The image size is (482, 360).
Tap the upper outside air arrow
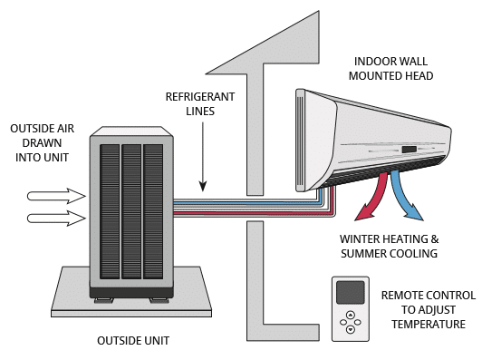[56, 196]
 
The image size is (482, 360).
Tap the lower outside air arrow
[56, 219]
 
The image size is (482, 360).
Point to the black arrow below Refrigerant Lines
[203, 157]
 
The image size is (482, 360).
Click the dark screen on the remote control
[351, 292]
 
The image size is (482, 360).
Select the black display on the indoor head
[410, 150]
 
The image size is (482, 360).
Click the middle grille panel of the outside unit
[131, 211]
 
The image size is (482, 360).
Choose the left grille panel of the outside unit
[110, 211]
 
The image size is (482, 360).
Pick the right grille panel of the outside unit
[153, 211]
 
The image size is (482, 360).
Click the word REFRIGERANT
[200, 97]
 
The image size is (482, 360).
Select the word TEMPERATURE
[429, 325]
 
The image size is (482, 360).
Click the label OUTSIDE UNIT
[133, 341]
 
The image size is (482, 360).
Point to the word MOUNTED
[372, 75]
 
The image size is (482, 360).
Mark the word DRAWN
[42, 143]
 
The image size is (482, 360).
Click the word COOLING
[413, 254]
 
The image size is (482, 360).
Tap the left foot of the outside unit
[103, 300]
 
